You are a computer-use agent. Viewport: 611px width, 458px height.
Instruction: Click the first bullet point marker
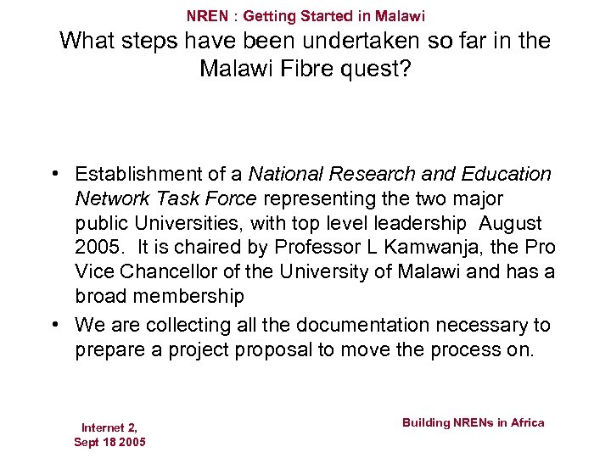point(53,175)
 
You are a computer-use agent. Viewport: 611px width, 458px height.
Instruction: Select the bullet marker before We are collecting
point(53,326)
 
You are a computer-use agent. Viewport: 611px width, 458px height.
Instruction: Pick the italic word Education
point(507,175)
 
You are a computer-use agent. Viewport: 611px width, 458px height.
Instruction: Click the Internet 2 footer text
point(109,427)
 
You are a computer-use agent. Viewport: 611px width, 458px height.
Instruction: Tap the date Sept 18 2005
point(109,442)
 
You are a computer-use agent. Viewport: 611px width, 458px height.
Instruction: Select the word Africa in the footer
point(527,422)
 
